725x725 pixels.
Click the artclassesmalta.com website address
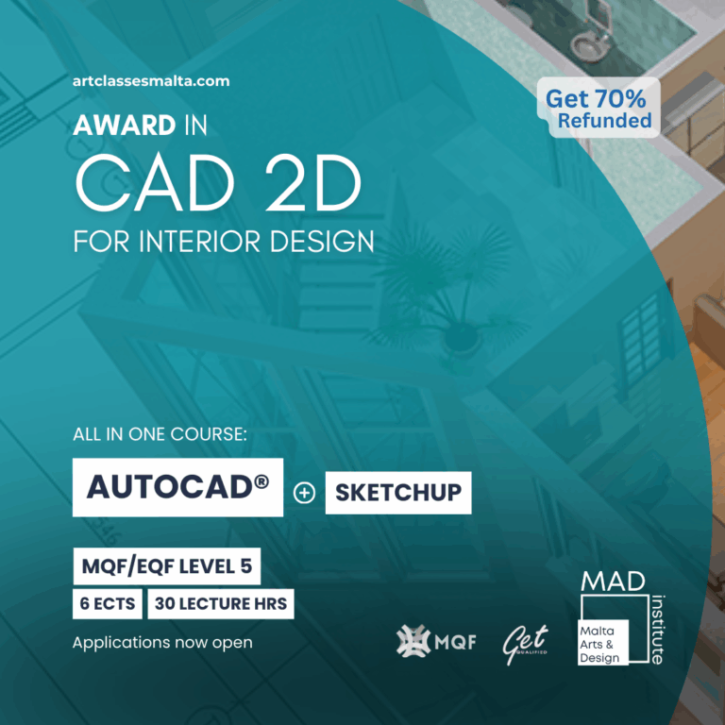(x=151, y=81)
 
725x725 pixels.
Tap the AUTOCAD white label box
(x=177, y=487)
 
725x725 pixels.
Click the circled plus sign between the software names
(x=304, y=494)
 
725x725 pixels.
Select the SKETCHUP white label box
(x=397, y=493)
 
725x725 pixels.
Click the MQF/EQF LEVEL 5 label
(x=166, y=568)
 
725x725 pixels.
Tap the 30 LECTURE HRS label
(x=220, y=604)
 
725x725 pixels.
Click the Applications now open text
(x=162, y=643)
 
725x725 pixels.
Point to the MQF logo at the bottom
(x=436, y=642)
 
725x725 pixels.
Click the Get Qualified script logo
(x=526, y=642)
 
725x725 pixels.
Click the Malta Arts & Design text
(x=602, y=642)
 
